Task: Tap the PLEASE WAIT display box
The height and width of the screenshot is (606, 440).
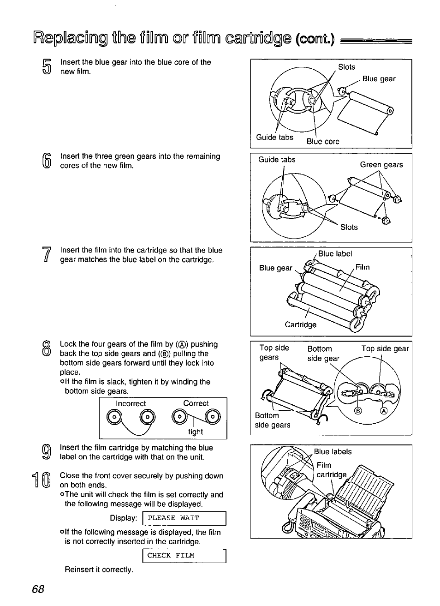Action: pyautogui.click(x=184, y=518)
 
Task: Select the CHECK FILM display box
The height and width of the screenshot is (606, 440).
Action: pyautogui.click(x=184, y=556)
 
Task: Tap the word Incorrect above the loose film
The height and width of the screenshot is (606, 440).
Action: pyautogui.click(x=131, y=404)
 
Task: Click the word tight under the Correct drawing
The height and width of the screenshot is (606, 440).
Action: pyautogui.click(x=196, y=432)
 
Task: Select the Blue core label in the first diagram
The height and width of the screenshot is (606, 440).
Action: pyautogui.click(x=323, y=141)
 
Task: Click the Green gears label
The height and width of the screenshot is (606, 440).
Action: pyautogui.click(x=381, y=165)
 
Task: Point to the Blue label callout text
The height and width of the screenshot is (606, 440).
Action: pyautogui.click(x=335, y=254)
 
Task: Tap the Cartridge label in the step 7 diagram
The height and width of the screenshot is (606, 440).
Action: pyautogui.click(x=300, y=324)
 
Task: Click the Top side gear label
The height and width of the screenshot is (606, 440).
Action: pyautogui.click(x=385, y=349)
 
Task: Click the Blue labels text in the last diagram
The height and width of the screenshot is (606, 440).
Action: pyautogui.click(x=333, y=452)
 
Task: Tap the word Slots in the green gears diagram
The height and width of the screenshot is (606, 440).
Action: pyautogui.click(x=349, y=227)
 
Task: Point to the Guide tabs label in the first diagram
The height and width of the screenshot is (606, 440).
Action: pyautogui.click(x=274, y=137)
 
